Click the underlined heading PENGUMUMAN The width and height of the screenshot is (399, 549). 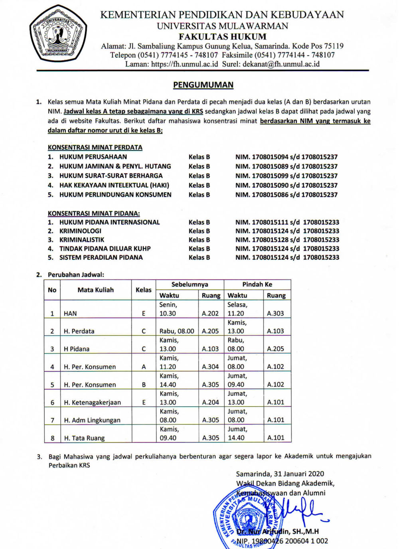(203, 85)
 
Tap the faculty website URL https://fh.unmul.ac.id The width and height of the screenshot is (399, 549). (184, 64)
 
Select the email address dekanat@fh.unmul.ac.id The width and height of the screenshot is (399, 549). (281, 64)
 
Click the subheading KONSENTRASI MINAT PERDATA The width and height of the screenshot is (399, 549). (95, 147)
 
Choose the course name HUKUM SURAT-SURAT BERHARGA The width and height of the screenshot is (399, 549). (111, 176)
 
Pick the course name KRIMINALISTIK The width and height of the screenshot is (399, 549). (82, 240)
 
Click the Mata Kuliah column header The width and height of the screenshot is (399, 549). (96, 290)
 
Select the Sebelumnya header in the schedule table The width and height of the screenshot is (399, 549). (190, 284)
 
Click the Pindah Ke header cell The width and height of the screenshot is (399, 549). (257, 284)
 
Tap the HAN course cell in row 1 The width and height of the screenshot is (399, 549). (70, 314)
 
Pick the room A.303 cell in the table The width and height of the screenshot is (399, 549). (275, 314)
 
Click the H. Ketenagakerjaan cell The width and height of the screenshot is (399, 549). (92, 403)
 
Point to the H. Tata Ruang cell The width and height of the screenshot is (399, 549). (84, 438)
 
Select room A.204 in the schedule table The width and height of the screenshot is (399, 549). (210, 403)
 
